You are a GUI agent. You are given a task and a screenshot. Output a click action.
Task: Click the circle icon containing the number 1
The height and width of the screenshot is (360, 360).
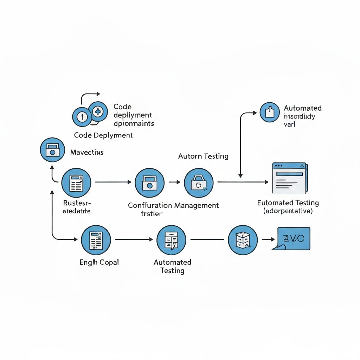[82, 117]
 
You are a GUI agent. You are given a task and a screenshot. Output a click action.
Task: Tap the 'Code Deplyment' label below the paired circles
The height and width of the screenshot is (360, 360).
[103, 135]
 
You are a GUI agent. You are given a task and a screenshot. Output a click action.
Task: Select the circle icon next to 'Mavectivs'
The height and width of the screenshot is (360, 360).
[52, 150]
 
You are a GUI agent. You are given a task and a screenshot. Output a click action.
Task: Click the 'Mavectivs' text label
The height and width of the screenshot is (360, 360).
[87, 153]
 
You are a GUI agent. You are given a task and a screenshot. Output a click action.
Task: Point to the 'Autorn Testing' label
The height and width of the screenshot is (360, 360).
[203, 156]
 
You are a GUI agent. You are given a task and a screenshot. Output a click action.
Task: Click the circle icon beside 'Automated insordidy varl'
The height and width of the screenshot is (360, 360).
[269, 112]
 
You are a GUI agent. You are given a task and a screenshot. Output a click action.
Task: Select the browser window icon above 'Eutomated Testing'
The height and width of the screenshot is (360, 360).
[289, 178]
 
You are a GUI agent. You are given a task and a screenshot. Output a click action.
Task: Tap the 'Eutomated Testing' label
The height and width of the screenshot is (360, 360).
[288, 203]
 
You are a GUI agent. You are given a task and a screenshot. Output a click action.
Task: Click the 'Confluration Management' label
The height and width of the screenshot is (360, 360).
[173, 205]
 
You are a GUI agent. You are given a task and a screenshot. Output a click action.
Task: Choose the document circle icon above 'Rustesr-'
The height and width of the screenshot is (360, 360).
[76, 182]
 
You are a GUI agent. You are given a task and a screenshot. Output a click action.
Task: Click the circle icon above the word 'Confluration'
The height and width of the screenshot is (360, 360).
[149, 182]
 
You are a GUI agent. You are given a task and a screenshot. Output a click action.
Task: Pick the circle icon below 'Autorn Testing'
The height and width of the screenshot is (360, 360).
[199, 182]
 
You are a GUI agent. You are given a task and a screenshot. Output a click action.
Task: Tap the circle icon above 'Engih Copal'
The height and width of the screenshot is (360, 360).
[96, 240]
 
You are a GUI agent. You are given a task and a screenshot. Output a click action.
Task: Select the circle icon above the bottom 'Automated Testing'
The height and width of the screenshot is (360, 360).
[171, 240]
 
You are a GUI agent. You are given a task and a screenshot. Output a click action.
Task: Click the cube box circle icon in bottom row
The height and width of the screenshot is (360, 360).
[243, 240]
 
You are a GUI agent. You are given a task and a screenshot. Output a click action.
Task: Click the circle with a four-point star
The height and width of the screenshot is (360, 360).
[97, 112]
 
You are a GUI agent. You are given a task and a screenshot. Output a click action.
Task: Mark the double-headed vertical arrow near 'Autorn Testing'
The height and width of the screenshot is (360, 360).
[240, 144]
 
